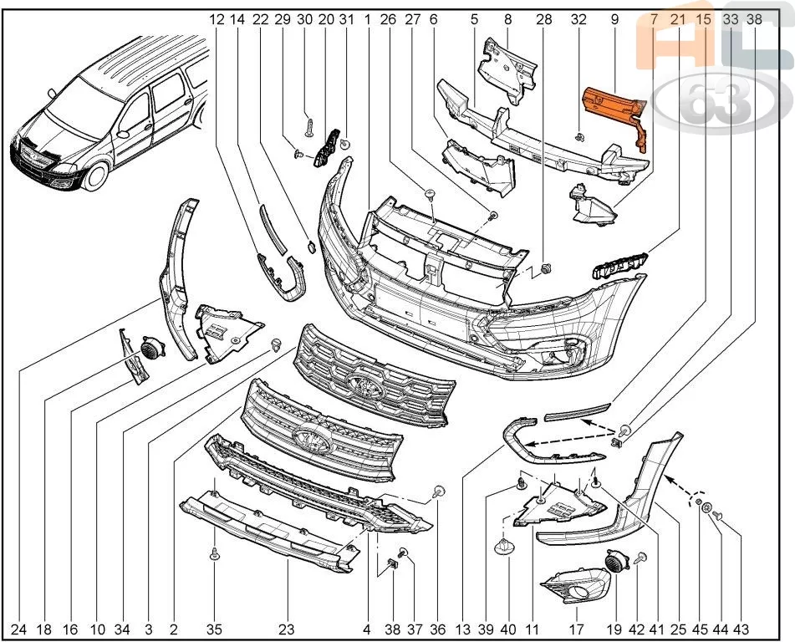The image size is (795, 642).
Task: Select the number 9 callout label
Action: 614,19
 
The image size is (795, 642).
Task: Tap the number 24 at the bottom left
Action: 18,629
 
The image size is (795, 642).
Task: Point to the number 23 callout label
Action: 287,629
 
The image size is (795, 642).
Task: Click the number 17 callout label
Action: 577,629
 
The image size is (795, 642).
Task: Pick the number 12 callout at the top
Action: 217,19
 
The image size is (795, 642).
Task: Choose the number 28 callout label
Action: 543,19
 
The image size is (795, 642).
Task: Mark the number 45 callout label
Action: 701,629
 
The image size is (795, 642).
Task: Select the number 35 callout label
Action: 215,629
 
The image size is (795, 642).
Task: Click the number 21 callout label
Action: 678,19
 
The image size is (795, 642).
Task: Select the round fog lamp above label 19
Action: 618,562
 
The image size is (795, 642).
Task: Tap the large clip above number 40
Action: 504,547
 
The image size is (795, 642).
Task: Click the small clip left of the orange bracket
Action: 578,136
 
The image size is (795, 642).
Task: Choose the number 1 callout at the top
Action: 367,19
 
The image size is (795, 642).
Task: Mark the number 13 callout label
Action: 462,629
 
